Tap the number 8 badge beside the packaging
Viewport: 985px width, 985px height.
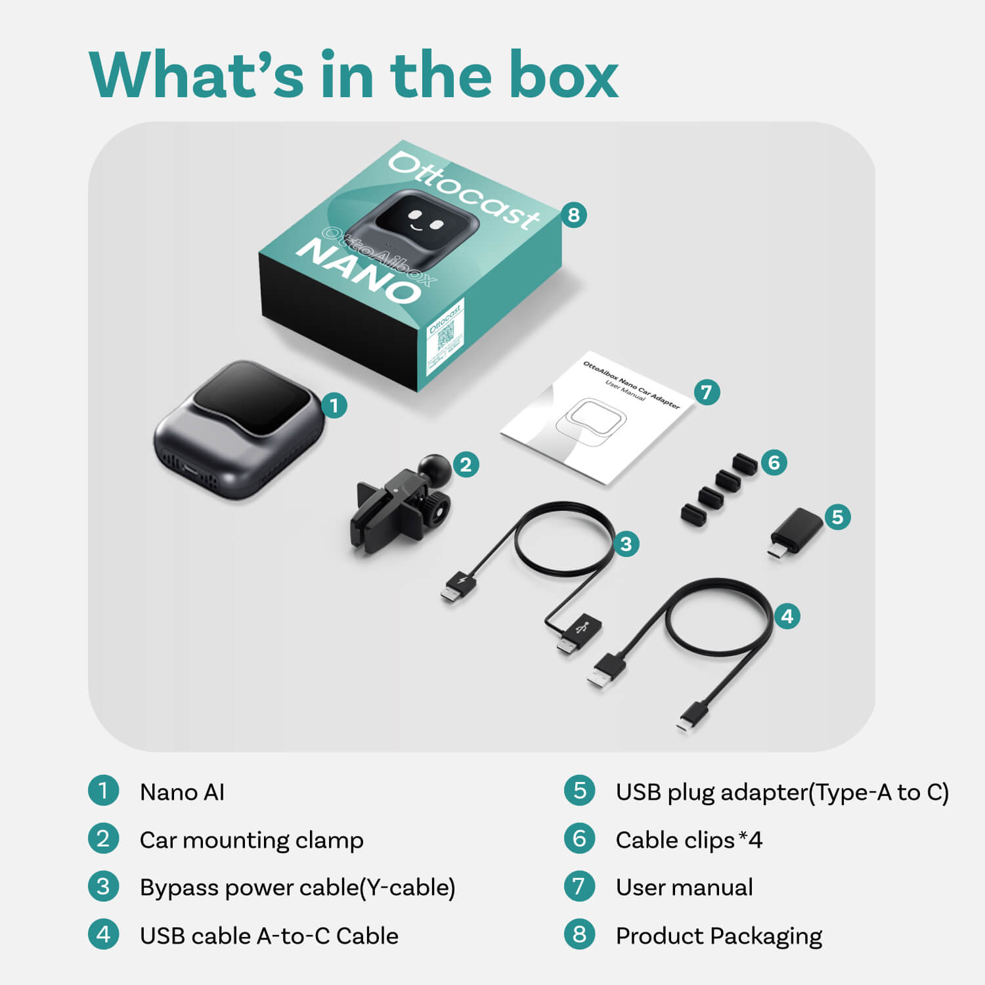click(574, 215)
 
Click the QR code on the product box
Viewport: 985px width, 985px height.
click(446, 336)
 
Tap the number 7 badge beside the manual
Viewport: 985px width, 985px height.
click(707, 393)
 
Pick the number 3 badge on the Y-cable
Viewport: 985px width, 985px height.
click(626, 544)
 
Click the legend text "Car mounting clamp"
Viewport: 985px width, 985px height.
click(252, 840)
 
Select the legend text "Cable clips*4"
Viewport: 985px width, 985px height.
click(689, 840)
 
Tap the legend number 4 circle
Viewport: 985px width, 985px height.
click(103, 934)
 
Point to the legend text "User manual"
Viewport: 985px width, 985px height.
click(684, 887)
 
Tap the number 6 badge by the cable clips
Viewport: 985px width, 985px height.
click(774, 463)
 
